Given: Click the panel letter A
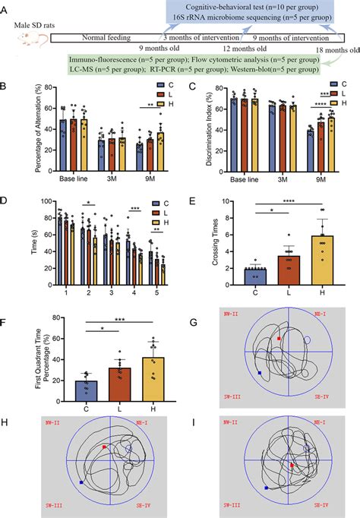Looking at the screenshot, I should [7, 7].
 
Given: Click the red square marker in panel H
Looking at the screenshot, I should [105, 447].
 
